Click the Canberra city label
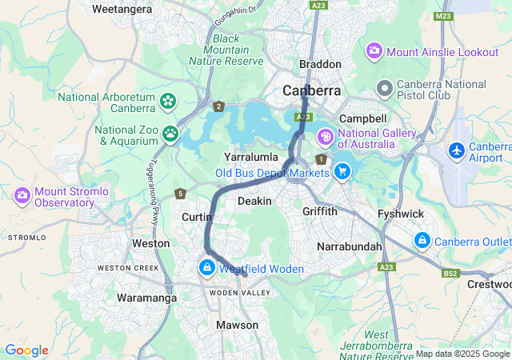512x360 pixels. click(x=312, y=90)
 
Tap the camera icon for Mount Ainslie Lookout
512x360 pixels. click(x=374, y=52)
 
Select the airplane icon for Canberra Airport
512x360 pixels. click(x=456, y=150)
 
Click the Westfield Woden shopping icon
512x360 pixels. click(x=207, y=267)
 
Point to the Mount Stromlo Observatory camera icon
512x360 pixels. click(x=22, y=195)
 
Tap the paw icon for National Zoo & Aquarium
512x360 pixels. click(x=170, y=133)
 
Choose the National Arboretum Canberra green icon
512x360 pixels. click(x=168, y=101)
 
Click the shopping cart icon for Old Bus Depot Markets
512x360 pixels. click(x=342, y=170)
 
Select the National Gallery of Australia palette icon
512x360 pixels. click(x=325, y=136)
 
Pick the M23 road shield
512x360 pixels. click(x=443, y=16)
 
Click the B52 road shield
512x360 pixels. click(x=450, y=274)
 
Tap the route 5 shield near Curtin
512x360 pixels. click(x=181, y=194)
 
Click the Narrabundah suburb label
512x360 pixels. click(x=350, y=246)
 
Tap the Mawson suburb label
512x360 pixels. click(x=237, y=325)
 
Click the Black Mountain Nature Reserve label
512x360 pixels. click(x=226, y=50)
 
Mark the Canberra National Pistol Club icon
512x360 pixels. click(x=385, y=86)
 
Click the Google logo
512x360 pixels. click(x=26, y=350)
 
